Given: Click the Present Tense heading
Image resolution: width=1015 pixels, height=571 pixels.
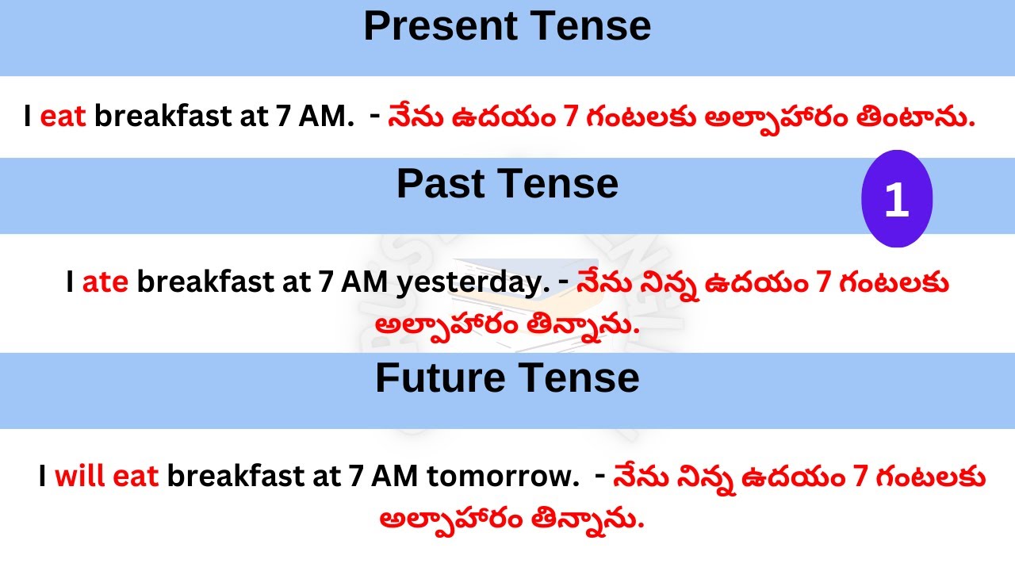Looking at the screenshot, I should [x=507, y=26].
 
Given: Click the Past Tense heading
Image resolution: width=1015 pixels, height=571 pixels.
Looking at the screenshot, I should [x=507, y=184].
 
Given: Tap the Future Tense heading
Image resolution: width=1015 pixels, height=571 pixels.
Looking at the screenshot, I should [x=507, y=378].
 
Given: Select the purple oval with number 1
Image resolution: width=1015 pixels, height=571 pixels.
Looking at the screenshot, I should [x=896, y=201].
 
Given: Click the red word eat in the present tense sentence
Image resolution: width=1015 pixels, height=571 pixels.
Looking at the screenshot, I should [x=62, y=117].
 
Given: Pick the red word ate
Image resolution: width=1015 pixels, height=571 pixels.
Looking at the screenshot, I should [x=105, y=282].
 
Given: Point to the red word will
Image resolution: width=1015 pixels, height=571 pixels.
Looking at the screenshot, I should [x=80, y=477].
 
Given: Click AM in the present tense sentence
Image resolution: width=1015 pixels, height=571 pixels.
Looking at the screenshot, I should [x=324, y=117].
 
